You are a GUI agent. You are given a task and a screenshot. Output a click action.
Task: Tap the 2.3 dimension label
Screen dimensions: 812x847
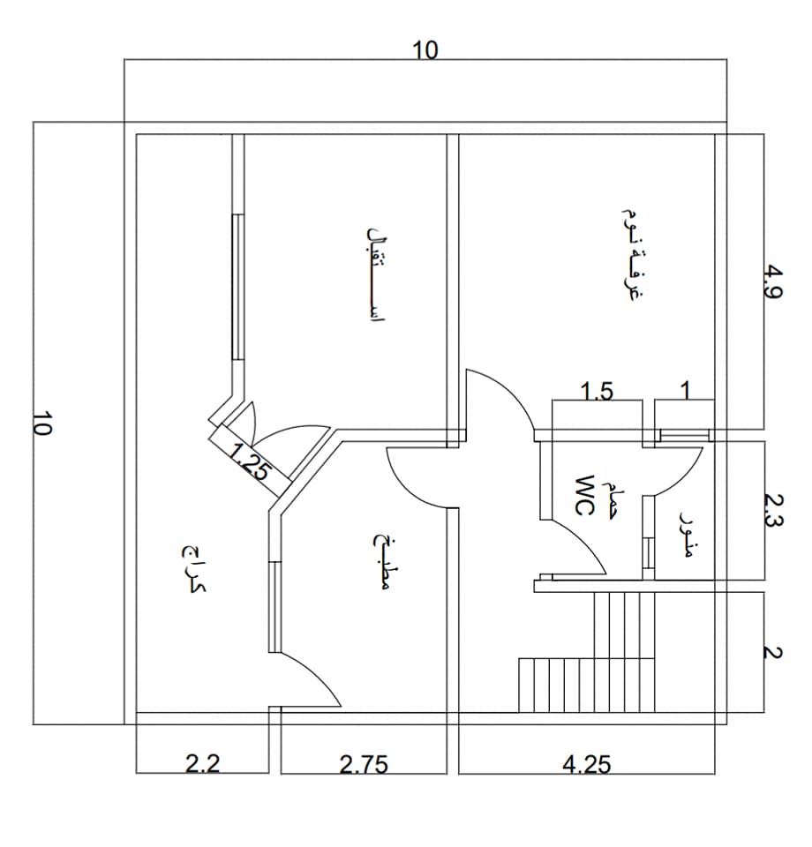pos(773,511)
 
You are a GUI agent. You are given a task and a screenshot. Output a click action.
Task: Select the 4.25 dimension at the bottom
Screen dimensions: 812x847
pos(587,765)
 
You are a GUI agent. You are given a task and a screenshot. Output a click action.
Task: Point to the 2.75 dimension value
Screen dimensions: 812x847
pos(364,765)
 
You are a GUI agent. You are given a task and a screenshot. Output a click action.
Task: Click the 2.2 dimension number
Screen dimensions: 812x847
pos(203,764)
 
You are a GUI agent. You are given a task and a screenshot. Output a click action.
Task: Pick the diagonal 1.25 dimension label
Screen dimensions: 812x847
pos(248,461)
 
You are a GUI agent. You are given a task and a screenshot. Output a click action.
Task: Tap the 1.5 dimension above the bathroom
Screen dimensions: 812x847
pos(597,391)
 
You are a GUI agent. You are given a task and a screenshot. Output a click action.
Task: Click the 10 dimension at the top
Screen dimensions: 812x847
pos(425,50)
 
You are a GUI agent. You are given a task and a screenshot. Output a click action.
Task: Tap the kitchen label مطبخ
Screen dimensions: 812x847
pos(382,562)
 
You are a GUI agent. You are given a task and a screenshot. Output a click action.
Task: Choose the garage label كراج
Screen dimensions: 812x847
pos(193,569)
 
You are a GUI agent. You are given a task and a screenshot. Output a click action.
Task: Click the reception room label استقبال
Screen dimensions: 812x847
pos(376,274)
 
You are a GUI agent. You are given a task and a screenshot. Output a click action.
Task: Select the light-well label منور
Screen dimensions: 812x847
pos(685,534)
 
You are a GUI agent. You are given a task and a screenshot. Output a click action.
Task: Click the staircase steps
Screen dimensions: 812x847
pos(587,653)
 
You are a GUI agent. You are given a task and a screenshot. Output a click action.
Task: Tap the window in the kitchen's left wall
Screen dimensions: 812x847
pos(275,607)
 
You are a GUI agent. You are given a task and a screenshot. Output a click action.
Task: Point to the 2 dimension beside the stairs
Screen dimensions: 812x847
pos(773,653)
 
